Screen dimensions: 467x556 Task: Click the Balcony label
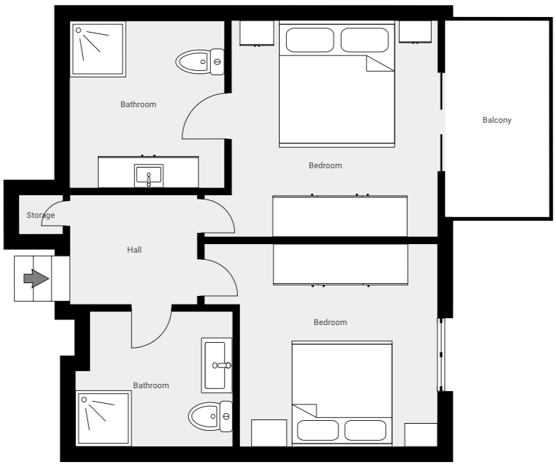pos(496,120)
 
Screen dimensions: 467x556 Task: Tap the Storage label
pos(40,215)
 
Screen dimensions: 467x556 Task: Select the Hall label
pos(134,250)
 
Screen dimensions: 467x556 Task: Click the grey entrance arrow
pos(36,278)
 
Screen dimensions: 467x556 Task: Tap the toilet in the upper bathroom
pos(200,62)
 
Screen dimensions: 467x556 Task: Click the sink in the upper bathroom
pos(149,175)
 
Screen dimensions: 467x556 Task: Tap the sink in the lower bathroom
pos(216,366)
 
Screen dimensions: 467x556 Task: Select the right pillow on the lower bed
pos(365,430)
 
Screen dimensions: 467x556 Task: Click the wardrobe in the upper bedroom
pos(340,216)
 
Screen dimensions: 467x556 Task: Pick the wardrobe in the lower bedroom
pos(340,264)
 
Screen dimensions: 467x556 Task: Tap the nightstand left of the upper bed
pos(256,32)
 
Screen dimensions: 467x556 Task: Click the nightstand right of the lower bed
pos(420,434)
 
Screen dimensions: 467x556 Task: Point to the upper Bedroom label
pos(325,165)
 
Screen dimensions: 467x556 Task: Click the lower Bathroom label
pos(151,385)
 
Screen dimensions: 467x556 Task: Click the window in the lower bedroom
pos(440,355)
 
